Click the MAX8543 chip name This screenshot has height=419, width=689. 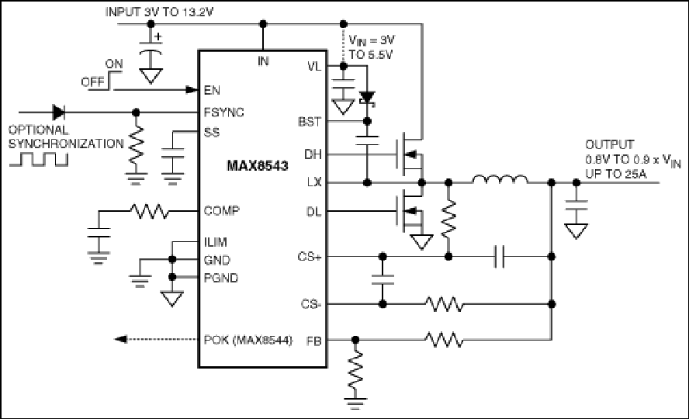pyautogui.click(x=258, y=165)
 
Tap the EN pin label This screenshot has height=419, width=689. pyautogui.click(x=212, y=90)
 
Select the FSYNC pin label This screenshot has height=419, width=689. pyautogui.click(x=223, y=113)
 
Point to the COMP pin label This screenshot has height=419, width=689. pyautogui.click(x=221, y=211)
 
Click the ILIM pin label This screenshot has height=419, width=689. pyautogui.click(x=216, y=242)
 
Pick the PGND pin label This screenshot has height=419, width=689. pyautogui.click(x=221, y=278)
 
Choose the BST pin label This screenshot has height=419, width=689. pyautogui.click(x=310, y=122)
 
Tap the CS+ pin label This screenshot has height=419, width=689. pyautogui.click(x=310, y=257)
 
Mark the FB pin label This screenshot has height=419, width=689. pyautogui.click(x=313, y=341)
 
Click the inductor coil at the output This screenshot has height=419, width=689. pyautogui.click(x=500, y=179)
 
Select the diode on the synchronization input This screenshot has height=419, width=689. pyautogui.click(x=58, y=113)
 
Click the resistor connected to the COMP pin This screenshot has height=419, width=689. pyautogui.click(x=150, y=211)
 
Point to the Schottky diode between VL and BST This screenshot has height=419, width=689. pyautogui.click(x=367, y=99)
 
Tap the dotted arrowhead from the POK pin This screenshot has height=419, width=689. pyautogui.click(x=120, y=339)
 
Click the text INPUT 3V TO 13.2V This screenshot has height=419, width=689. pyautogui.click(x=159, y=12)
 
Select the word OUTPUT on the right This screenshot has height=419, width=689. pyautogui.click(x=609, y=144)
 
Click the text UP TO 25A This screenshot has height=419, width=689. pyautogui.click(x=615, y=174)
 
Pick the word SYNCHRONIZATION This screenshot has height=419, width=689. pyautogui.click(x=66, y=144)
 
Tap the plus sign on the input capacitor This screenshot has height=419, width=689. pyautogui.click(x=158, y=37)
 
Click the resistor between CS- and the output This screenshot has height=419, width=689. pyautogui.click(x=444, y=304)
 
